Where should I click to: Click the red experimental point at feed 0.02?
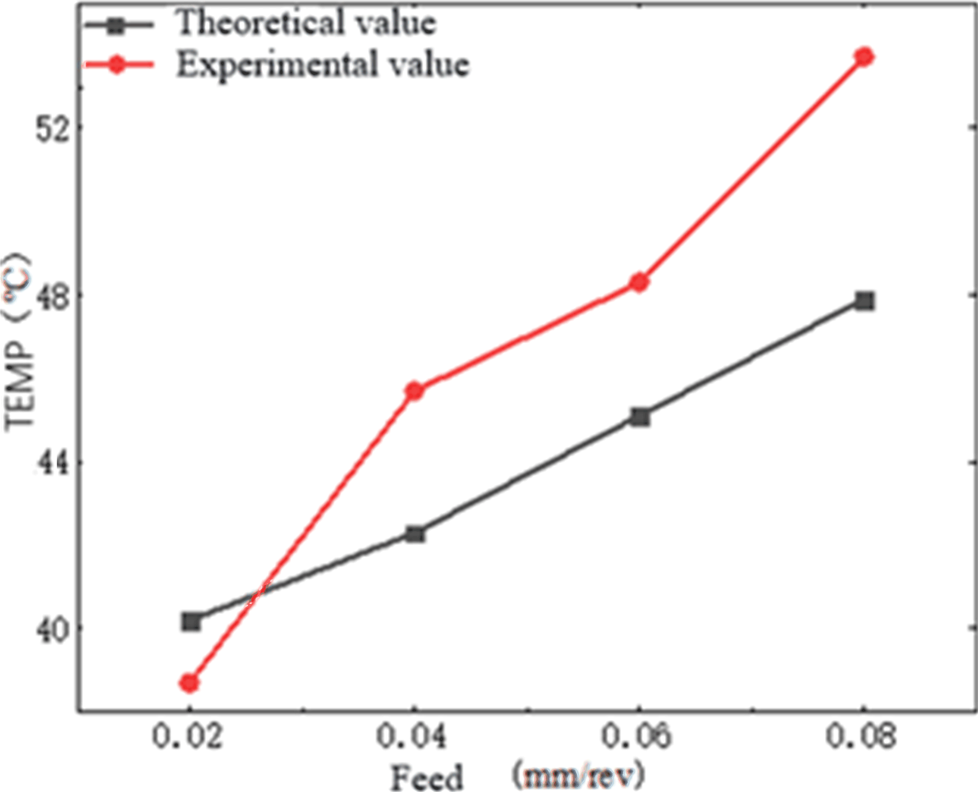pos(190,683)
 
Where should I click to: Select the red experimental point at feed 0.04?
pos(414,391)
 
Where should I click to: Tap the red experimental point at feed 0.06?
pos(639,282)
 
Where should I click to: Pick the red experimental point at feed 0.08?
pos(864,57)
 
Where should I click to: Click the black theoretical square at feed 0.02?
pos(191,622)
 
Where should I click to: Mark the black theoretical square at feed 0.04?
pos(415,534)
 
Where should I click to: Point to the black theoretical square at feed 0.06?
pos(640,417)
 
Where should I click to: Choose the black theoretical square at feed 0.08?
pos(864,301)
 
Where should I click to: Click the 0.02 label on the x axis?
pos(187,736)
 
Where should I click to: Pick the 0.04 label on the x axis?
pos(412,736)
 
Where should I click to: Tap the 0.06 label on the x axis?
pos(636,736)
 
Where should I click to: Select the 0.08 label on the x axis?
pos(861,736)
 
